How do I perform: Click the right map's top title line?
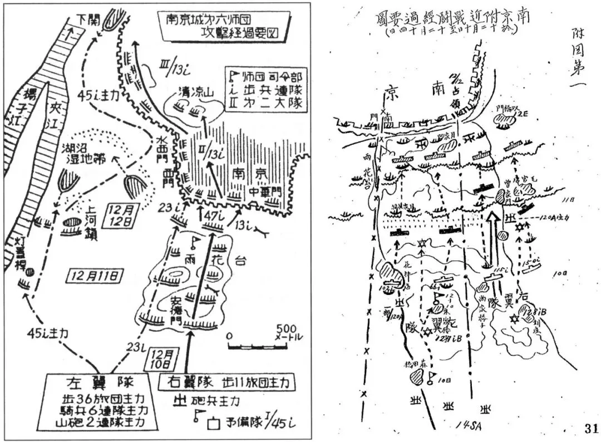pos(454,17)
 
